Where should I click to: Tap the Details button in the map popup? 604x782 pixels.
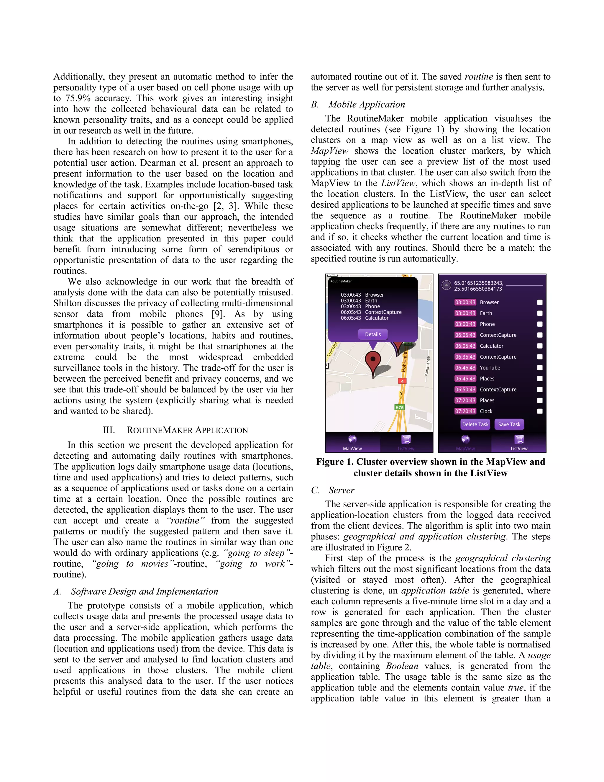[372, 334]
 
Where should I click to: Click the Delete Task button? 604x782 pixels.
[475, 424]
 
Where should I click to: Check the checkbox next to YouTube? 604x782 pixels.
[540, 368]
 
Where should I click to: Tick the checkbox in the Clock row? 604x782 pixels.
[540, 411]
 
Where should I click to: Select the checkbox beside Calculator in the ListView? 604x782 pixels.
[540, 346]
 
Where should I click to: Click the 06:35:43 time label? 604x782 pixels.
[465, 357]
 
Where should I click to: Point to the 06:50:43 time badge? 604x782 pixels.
[465, 389]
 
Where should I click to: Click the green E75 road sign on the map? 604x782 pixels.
[399, 408]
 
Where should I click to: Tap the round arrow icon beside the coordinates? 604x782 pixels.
[446, 285]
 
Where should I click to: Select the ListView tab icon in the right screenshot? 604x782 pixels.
[519, 439]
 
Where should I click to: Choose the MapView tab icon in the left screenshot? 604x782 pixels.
[352, 439]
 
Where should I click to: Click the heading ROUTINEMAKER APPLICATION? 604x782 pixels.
[187, 430]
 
